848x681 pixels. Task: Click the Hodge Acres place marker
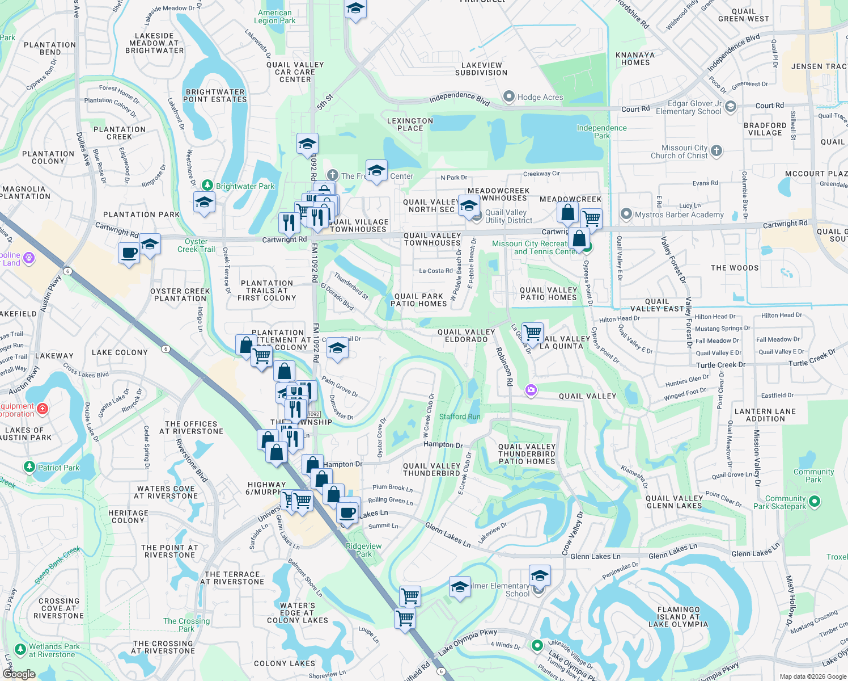509,97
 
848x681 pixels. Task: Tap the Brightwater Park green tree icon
207,186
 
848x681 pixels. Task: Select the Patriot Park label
58,468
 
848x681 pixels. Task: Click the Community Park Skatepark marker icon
815,501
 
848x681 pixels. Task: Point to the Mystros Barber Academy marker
626,214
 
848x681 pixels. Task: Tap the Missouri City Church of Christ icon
716,150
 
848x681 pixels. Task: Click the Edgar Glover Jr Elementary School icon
731,106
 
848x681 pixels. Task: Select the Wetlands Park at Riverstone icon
20,649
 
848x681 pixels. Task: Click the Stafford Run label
460,417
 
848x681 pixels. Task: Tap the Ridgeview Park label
364,550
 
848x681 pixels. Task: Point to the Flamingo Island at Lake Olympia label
682,617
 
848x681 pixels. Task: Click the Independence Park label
601,132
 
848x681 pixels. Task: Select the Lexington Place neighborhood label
410,124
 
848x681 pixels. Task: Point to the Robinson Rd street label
504,367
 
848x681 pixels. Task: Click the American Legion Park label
275,16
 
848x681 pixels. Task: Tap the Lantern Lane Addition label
765,415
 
